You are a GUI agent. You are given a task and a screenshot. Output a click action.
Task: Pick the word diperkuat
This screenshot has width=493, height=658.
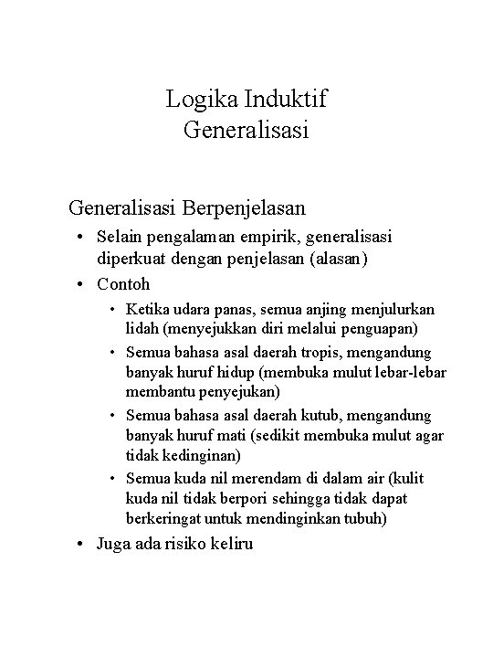(134, 259)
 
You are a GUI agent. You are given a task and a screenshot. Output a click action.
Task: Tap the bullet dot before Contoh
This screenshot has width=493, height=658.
(84, 284)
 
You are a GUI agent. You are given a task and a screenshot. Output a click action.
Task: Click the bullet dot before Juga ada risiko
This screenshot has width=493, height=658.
(84, 545)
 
